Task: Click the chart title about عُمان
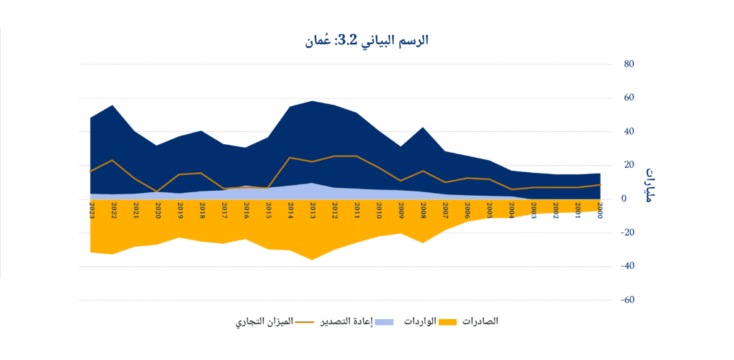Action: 366,40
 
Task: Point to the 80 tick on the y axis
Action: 629,64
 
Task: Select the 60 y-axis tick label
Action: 629,98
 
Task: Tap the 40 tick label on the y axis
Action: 629,131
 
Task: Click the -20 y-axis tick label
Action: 627,232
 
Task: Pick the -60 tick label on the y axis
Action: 627,300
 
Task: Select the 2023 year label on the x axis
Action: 92,210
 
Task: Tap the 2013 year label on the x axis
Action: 313,210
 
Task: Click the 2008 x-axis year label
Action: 424,210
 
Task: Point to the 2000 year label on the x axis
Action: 601,210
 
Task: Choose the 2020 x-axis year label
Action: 158,210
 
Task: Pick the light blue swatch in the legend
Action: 385,321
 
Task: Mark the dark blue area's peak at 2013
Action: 313,101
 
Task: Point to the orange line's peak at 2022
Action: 114,160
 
